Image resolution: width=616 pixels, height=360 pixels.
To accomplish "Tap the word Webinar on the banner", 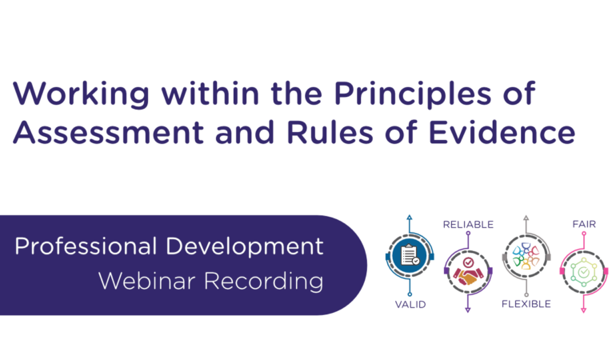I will coord(144,281).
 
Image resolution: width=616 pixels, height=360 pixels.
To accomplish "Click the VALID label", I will coord(410,304).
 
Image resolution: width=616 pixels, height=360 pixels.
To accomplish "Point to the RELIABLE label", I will coord(468,225).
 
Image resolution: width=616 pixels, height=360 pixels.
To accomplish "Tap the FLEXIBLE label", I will coord(526,304).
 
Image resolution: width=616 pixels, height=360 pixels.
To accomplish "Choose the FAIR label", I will coord(583,225).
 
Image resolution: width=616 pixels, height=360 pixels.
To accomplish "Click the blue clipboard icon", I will coord(410,256).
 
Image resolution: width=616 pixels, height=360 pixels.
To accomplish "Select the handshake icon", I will coord(468,272).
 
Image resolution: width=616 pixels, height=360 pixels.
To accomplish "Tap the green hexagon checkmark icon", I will coord(583,272).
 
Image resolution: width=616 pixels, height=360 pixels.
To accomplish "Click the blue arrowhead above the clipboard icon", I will coord(410,218).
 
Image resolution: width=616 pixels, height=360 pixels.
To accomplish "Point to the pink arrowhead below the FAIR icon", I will coord(583,310).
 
